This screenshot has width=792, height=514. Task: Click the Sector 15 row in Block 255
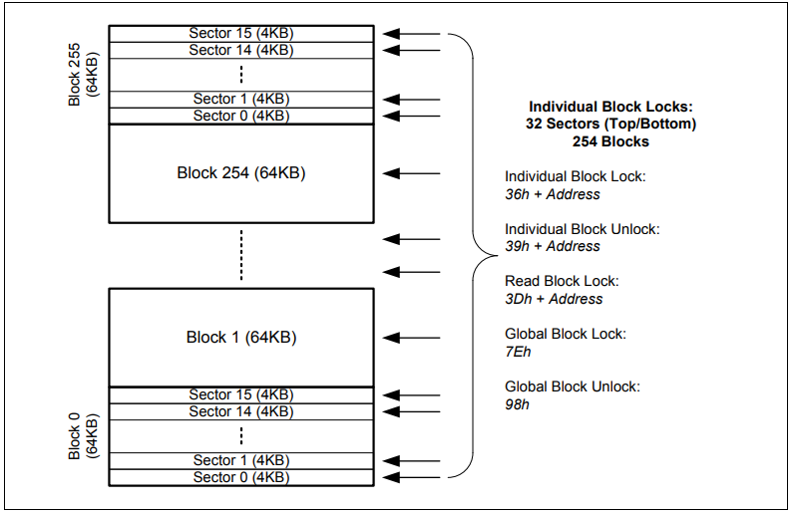pos(241,33)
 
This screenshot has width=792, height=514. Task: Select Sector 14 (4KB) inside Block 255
pos(241,50)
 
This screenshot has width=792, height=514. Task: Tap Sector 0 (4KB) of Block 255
pos(241,116)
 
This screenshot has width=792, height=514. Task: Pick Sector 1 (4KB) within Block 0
pos(241,460)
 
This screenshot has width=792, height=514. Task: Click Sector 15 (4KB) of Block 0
pos(241,394)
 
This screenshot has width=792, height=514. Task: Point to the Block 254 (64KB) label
pos(241,172)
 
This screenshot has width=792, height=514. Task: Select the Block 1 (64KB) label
pos(241,337)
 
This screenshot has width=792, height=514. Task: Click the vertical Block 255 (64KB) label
pos(83,75)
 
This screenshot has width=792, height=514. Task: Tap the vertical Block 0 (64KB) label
pos(83,435)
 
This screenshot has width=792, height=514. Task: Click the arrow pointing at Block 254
pos(412,172)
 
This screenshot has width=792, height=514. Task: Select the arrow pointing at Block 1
pos(412,337)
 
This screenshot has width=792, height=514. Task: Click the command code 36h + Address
pos(553,193)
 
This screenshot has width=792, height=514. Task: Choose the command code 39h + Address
pos(553,246)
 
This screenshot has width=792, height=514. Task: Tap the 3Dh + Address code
pos(554,299)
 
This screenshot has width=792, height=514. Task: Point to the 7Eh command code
pos(517,352)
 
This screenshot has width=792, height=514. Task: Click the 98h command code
pos(517,404)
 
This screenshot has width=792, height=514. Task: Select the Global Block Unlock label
pos(572,386)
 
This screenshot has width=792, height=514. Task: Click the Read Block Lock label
pos(561,281)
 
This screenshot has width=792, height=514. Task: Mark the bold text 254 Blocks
pos(610,141)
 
